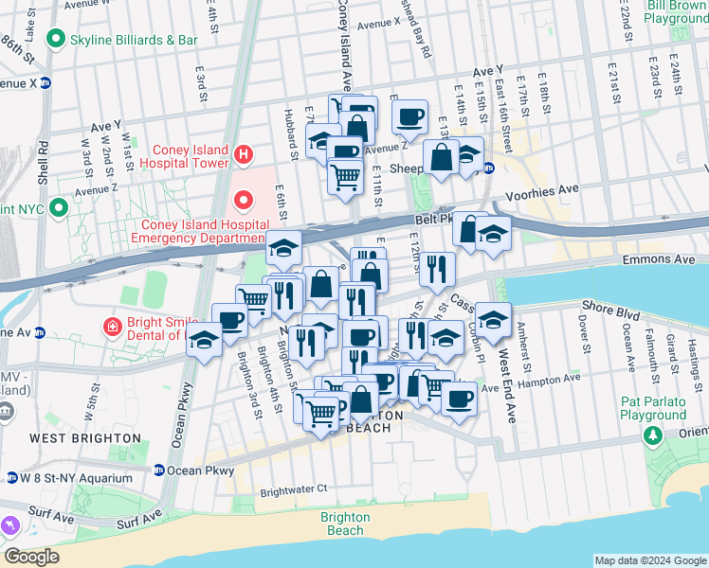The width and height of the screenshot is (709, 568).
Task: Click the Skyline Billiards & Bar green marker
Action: pyautogui.click(x=56, y=40)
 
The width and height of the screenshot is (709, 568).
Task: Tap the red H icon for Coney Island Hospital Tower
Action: pyautogui.click(x=244, y=153)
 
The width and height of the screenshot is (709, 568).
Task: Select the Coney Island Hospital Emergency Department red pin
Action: pyautogui.click(x=244, y=200)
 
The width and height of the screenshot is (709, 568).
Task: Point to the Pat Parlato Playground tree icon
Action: pyautogui.click(x=652, y=435)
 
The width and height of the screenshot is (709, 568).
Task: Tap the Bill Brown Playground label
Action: pyautogui.click(x=677, y=12)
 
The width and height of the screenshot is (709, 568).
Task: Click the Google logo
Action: pyautogui.click(x=31, y=557)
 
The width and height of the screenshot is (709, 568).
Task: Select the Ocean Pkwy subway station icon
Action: pyautogui.click(x=159, y=470)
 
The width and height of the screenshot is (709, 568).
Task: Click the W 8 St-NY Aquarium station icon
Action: pyautogui.click(x=11, y=477)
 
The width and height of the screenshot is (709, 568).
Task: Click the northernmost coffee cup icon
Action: pyautogui.click(x=409, y=116)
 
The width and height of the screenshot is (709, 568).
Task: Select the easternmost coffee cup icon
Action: pyautogui.click(x=459, y=398)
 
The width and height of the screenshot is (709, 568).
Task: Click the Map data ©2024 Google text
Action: pyautogui.click(x=649, y=560)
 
